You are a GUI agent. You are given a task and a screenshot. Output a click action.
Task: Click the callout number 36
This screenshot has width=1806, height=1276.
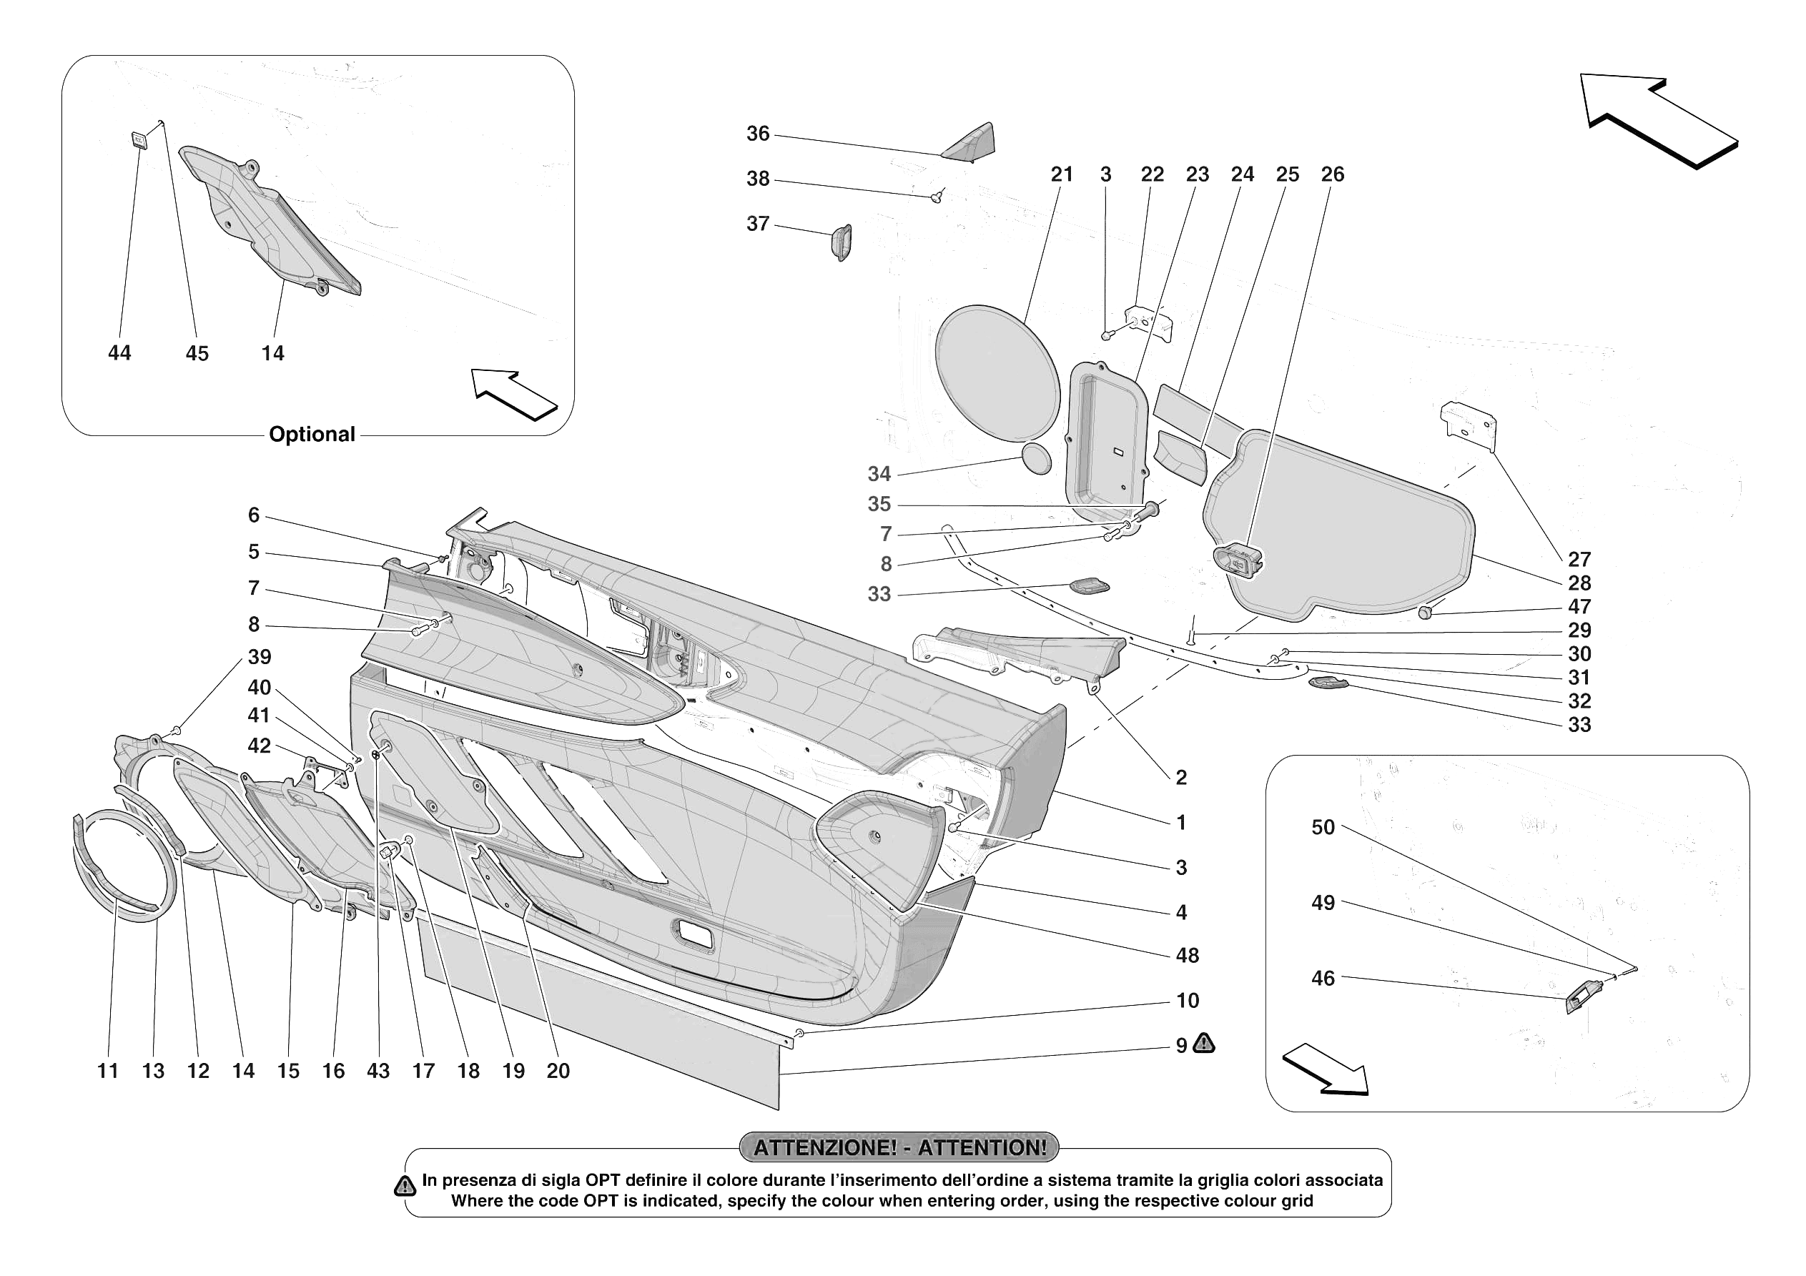point(756,134)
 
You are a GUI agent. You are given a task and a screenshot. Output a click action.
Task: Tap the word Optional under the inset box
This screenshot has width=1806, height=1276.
point(312,434)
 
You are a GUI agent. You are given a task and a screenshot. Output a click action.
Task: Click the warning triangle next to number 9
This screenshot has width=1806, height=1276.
point(1203,1044)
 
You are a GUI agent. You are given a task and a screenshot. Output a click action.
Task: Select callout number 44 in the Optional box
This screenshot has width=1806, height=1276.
point(119,353)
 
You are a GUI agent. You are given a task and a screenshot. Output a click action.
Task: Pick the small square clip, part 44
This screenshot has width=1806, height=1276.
point(139,140)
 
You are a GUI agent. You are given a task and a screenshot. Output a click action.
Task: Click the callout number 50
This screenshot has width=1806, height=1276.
point(1322,827)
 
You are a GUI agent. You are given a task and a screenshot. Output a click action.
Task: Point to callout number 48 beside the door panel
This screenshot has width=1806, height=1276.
point(1186,955)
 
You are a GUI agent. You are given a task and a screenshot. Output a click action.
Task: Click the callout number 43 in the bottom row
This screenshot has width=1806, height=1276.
point(378,1071)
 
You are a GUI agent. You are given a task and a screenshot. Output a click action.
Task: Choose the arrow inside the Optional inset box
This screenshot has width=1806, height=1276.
point(513,393)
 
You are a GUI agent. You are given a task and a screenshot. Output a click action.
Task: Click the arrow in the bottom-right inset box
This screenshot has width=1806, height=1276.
point(1326,1070)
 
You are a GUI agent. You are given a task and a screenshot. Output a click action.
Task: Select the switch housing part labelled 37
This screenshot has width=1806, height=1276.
point(841,241)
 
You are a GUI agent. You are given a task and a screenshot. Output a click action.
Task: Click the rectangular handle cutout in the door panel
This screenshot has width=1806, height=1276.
point(694,934)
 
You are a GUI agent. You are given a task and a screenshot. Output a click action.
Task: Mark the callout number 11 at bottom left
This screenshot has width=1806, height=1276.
point(108,1071)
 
